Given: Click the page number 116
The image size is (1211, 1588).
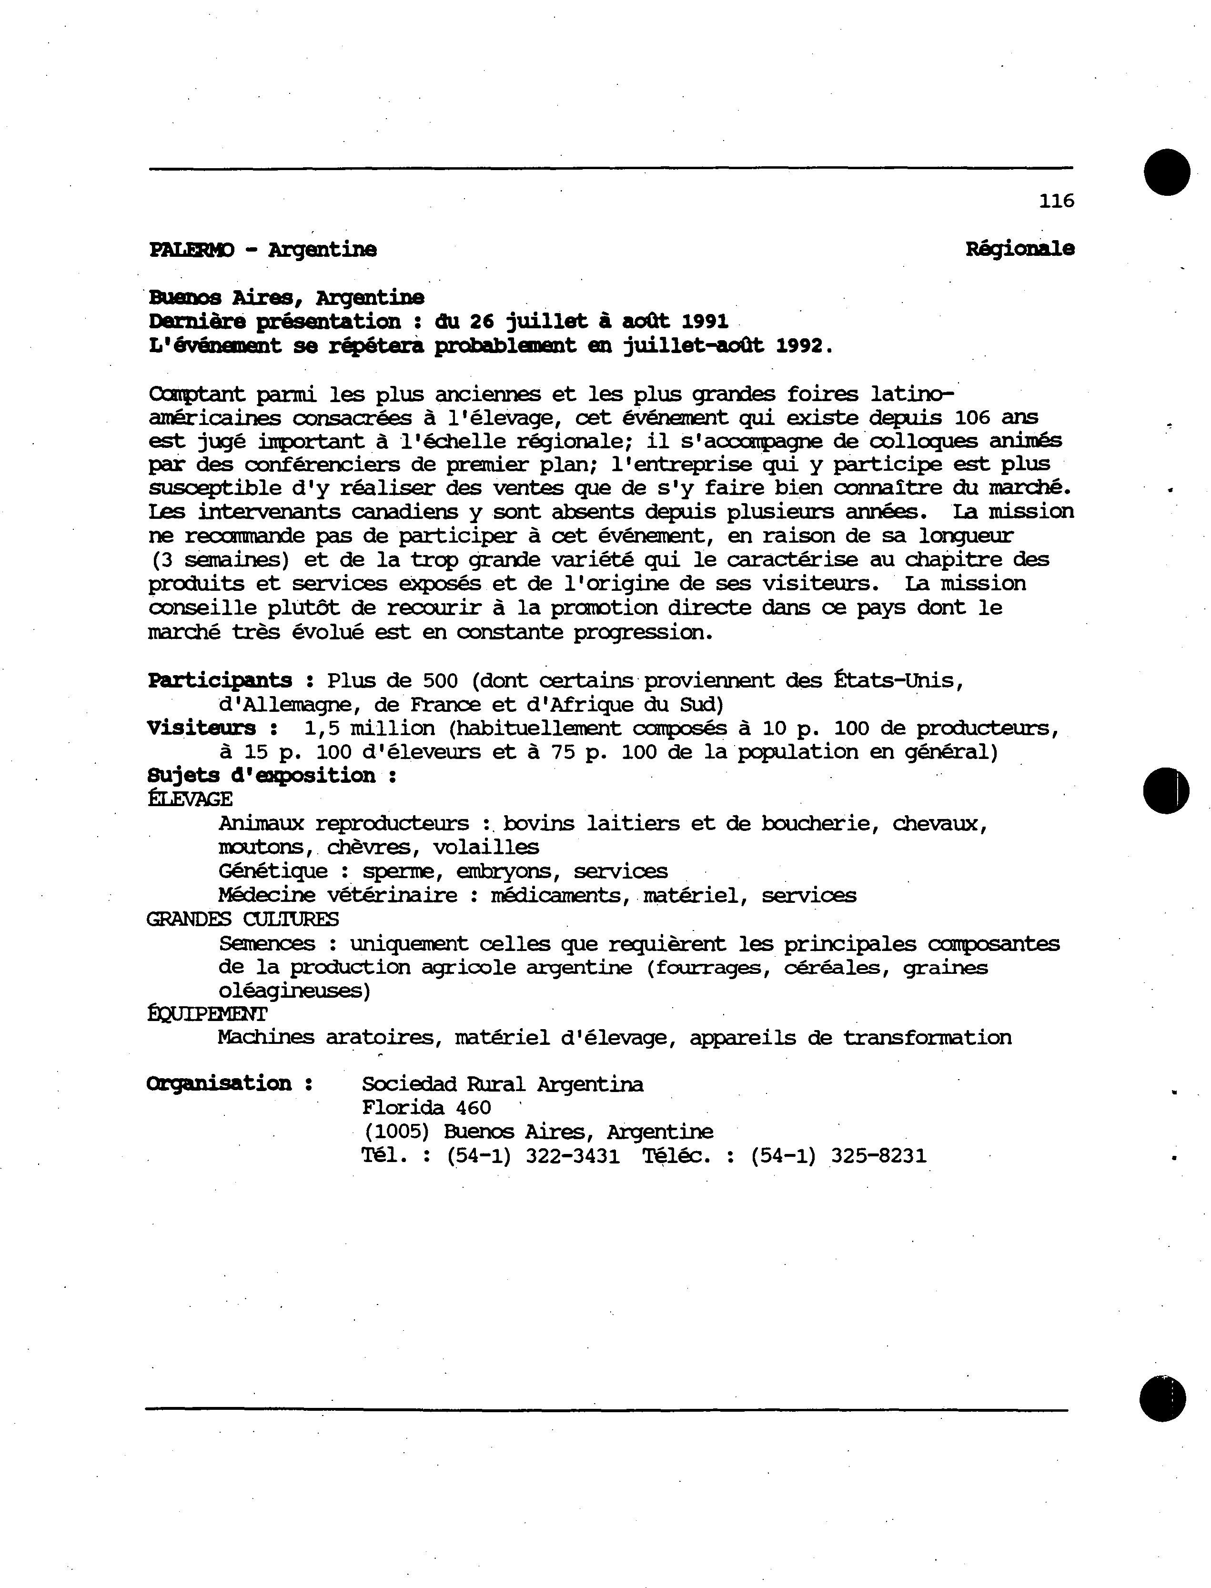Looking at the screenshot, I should tap(1056, 201).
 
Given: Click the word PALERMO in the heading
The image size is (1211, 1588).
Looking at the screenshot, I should tap(191, 250).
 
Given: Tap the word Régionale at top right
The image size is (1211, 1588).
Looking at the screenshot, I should tap(1019, 249).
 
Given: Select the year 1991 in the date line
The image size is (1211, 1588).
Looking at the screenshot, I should tap(704, 322).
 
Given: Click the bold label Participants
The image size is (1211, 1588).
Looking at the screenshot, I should tap(220, 680).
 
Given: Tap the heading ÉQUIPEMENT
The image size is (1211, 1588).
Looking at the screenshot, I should tap(207, 1014).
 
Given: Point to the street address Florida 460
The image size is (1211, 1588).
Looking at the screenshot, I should tap(426, 1108).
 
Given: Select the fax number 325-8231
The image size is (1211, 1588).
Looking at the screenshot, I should tap(878, 1156).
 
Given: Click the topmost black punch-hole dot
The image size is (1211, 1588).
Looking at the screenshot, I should tap(1166, 172).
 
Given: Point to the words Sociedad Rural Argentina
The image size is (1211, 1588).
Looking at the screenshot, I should tap(503, 1084).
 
